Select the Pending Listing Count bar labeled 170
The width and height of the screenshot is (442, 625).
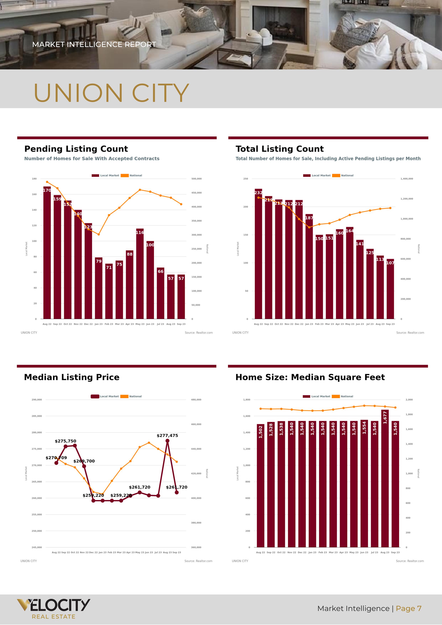click(x=47, y=253)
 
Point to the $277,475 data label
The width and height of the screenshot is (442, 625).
click(x=167, y=435)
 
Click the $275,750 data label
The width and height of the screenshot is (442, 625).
click(x=65, y=441)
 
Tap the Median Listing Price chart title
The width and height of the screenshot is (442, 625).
click(x=72, y=377)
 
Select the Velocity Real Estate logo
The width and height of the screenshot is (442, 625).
click(x=53, y=609)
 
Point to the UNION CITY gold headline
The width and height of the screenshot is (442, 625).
click(x=111, y=93)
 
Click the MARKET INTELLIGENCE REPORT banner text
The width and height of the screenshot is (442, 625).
click(x=94, y=44)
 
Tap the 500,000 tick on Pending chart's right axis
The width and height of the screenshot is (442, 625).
click(x=196, y=179)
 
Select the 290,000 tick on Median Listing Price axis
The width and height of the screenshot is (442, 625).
click(x=37, y=400)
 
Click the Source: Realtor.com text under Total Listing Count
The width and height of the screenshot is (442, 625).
click(x=410, y=333)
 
